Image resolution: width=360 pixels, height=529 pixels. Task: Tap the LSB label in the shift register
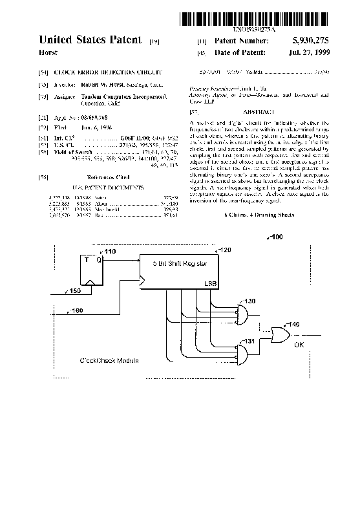pyautogui.click(x=211, y=283)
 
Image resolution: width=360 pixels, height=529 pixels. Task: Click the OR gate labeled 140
pyautogui.click(x=281, y=335)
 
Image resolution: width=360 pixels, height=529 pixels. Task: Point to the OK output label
pyautogui.click(x=299, y=345)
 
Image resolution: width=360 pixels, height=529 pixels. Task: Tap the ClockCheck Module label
pyautogui.click(x=109, y=360)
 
